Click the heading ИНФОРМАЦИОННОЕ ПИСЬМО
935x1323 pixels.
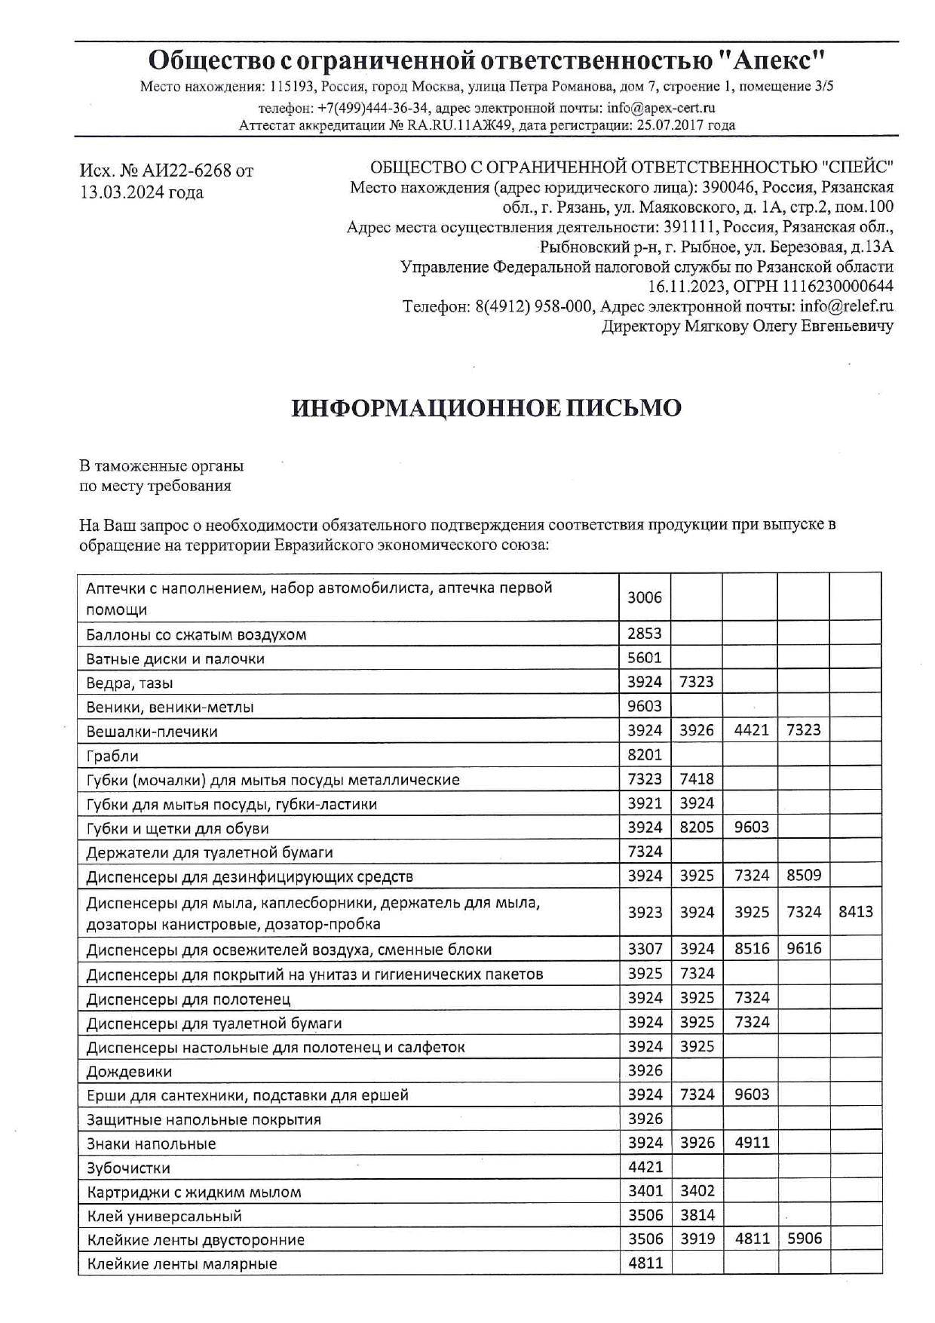[486, 408]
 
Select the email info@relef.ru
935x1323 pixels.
[847, 306]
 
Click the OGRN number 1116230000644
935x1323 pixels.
[837, 287]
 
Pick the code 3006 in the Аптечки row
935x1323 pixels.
[645, 597]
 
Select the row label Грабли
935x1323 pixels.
[112, 756]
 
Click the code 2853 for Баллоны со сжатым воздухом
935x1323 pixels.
[645, 634]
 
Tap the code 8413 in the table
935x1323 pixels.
[855, 912]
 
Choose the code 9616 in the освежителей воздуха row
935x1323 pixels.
[803, 949]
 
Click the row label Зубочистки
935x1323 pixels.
[128, 1168]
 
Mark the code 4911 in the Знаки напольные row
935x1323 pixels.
[752, 1143]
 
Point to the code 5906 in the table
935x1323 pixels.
[804, 1239]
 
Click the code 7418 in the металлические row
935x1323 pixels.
[696, 779]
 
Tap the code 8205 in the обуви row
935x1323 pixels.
[696, 827]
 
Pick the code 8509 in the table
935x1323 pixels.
[804, 876]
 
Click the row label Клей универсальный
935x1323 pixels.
[164, 1216]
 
